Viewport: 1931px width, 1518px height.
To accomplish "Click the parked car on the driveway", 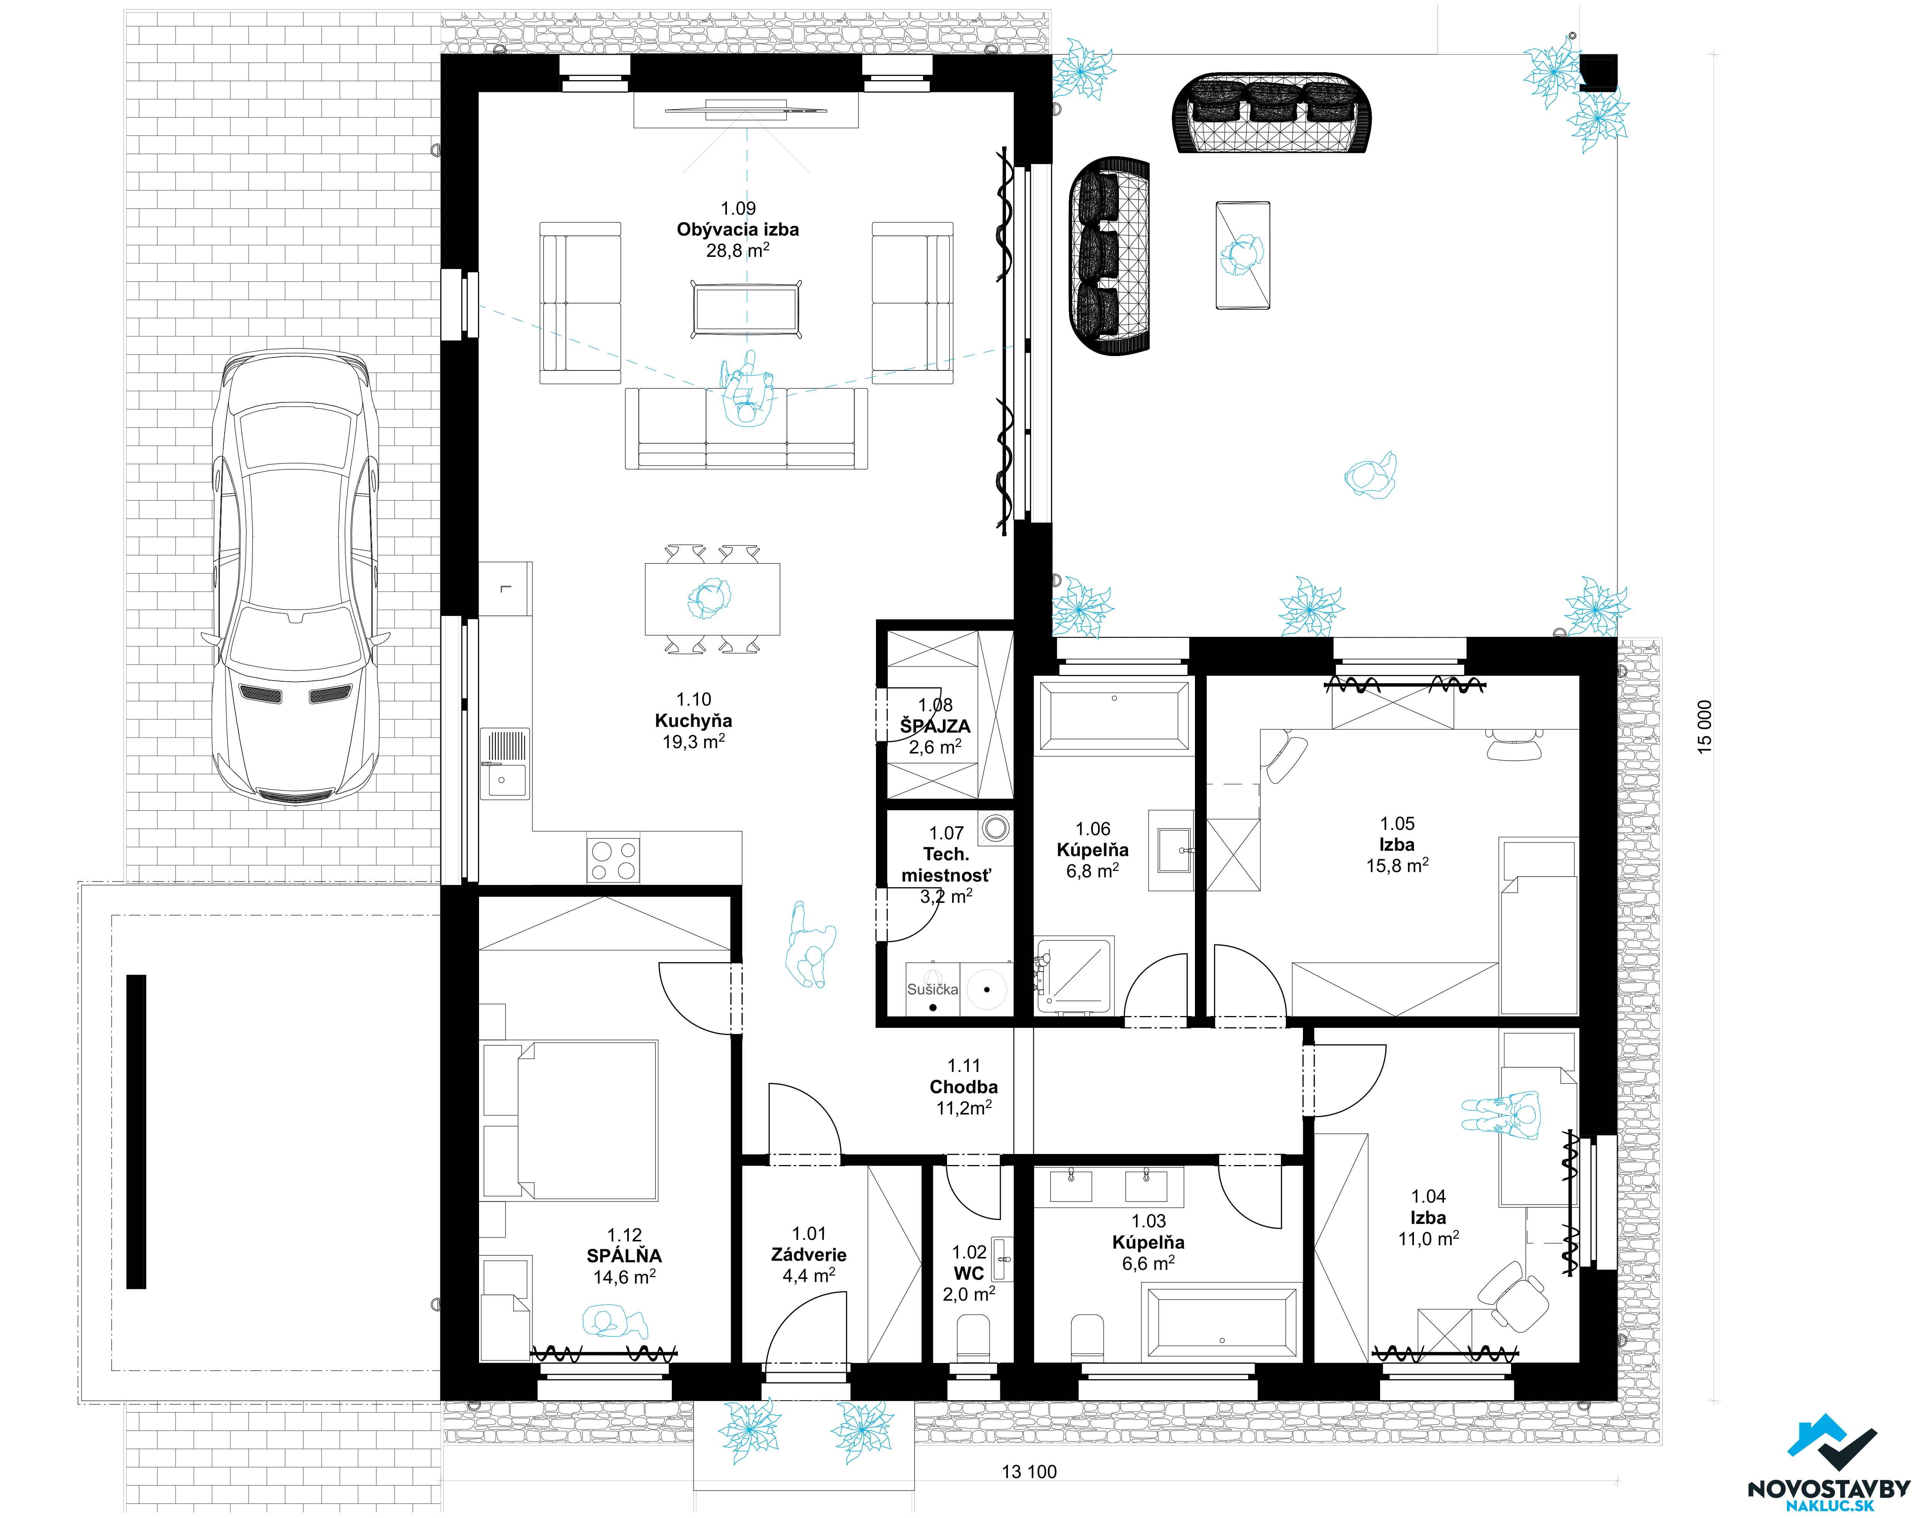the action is click(x=295, y=578).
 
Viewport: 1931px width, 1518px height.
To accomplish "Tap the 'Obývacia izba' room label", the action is click(x=738, y=229).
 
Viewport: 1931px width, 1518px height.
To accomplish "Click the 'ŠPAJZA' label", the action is click(x=935, y=726).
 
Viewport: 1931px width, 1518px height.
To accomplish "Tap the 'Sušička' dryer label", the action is click(x=933, y=989).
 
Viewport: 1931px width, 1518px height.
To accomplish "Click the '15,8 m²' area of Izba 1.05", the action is click(x=1398, y=865).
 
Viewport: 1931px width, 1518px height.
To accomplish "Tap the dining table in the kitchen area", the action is click(x=712, y=599).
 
